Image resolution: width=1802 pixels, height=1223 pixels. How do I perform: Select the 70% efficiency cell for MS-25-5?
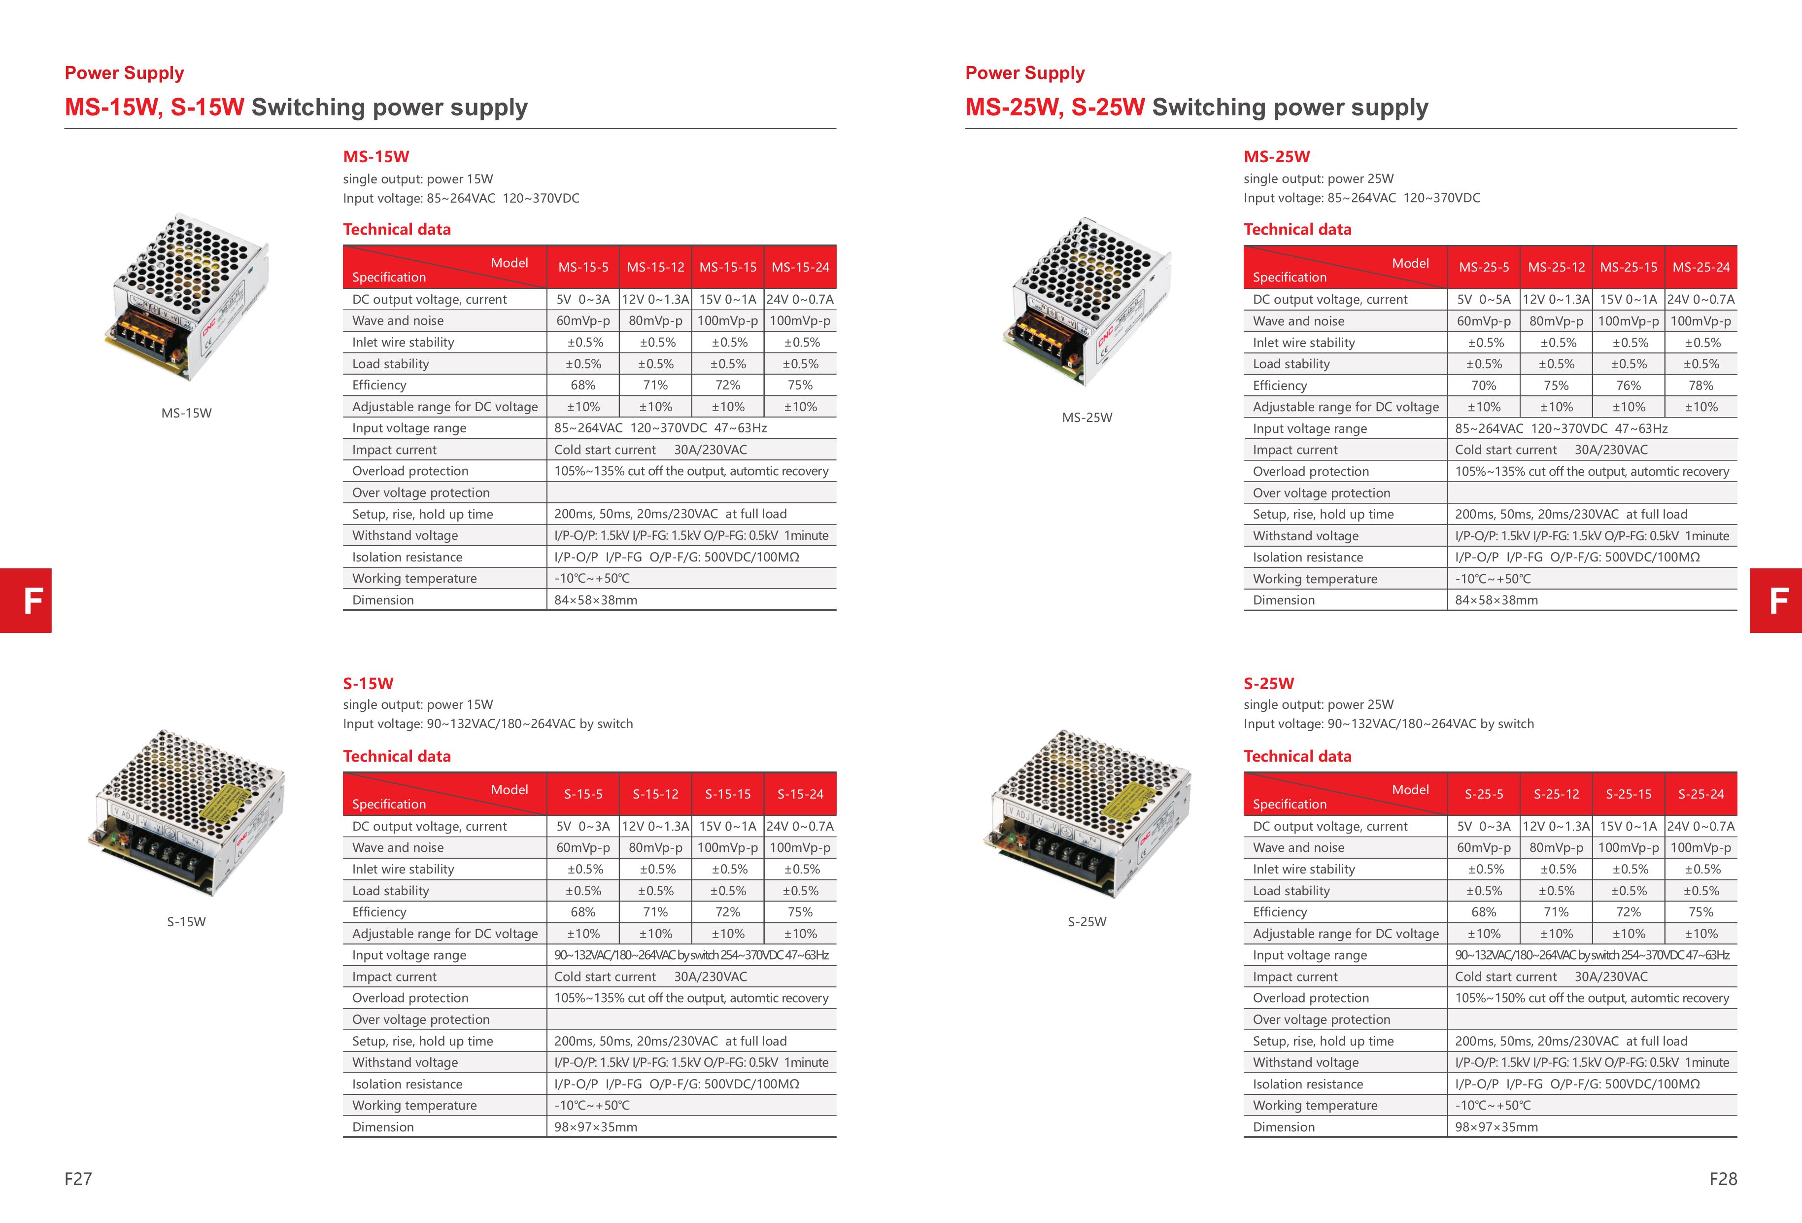1483,385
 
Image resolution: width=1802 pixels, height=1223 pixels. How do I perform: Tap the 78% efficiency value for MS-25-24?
1700,385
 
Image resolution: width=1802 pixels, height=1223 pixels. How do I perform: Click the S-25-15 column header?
1629,794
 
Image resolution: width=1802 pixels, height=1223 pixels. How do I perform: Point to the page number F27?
78,1179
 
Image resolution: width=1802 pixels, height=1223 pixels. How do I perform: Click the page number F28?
1723,1179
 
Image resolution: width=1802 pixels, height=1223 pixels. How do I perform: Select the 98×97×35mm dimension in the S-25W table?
1496,1127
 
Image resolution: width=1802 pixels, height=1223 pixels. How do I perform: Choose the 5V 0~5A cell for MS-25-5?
1483,299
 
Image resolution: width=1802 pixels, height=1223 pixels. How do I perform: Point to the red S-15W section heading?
368,683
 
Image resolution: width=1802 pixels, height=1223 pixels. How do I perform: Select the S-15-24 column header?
800,794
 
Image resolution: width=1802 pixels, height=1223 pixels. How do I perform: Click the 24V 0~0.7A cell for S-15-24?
800,827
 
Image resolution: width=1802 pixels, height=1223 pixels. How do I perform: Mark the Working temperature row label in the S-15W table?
414,1105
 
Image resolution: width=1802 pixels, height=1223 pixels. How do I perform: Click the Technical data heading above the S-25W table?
1297,756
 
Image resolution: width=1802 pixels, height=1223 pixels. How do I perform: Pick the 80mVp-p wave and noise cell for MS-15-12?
655,321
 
